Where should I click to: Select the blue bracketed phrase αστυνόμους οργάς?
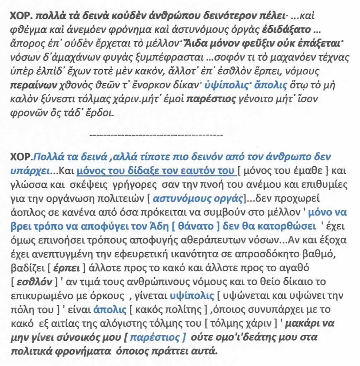[x=199, y=197]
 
